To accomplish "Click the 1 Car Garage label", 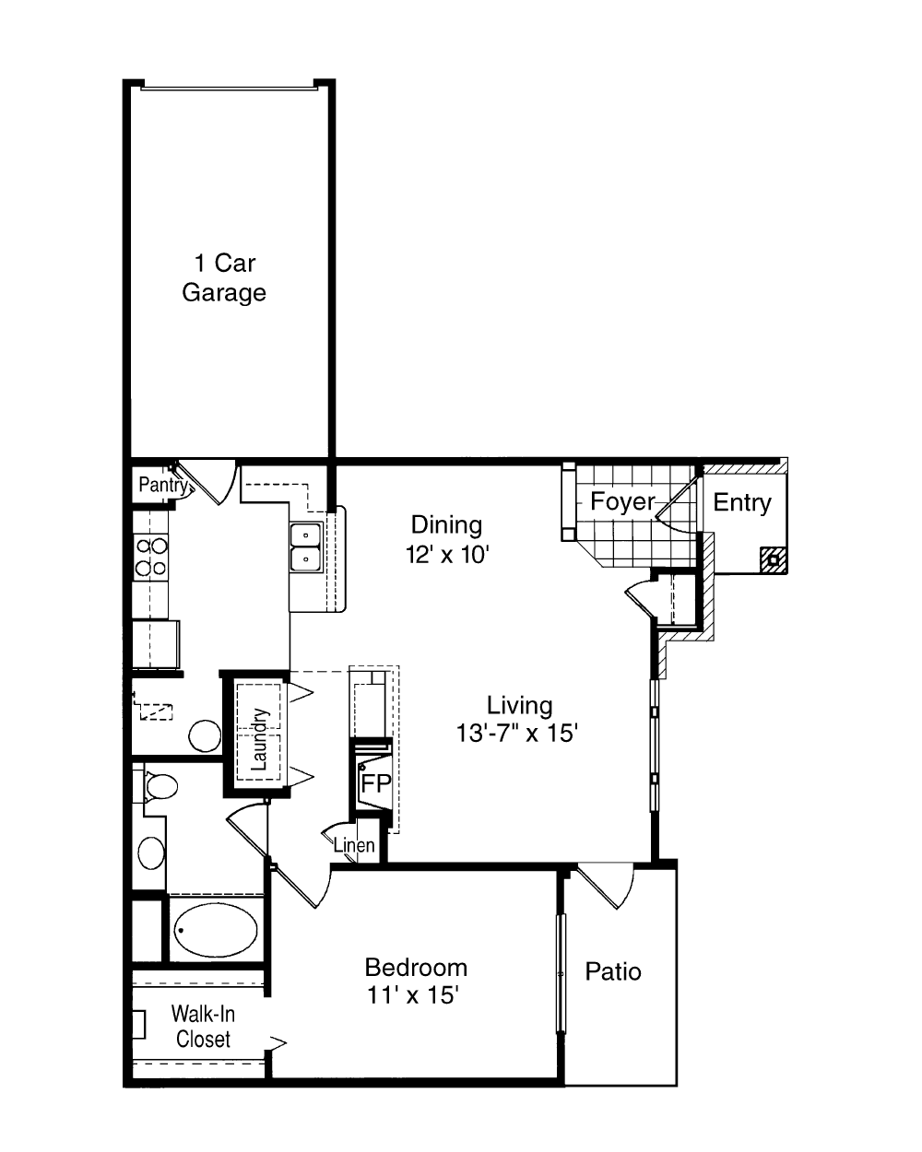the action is (224, 277).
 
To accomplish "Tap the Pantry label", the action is (163, 485).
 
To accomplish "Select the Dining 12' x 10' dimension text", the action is (447, 540).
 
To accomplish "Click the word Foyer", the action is (622, 501).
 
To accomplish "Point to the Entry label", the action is (742, 502).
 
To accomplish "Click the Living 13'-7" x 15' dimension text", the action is (517, 719).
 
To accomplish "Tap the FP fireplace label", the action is (376, 783).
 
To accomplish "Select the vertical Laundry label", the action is (259, 739).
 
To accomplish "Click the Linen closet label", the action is (354, 846).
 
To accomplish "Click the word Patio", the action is (613, 971).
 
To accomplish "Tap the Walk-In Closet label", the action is (203, 1027).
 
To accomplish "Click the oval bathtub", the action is (216, 930).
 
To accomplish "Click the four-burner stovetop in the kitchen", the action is (151, 558).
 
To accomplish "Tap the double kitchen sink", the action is (306, 547).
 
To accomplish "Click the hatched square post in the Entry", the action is (774, 560).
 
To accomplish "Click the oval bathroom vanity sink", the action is (151, 852).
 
